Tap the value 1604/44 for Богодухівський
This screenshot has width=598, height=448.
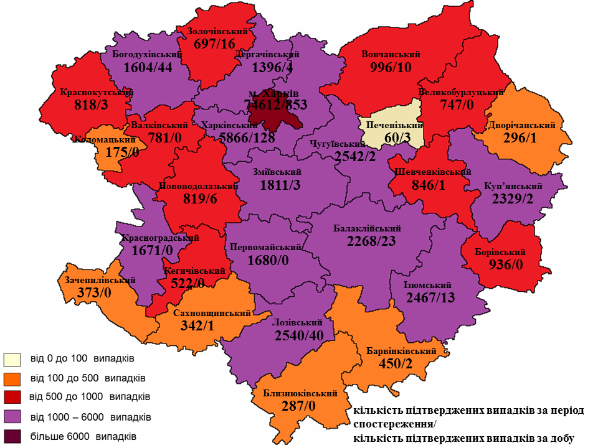point(148,67)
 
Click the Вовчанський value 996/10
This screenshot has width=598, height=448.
point(391,67)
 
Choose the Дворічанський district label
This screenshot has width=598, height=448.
point(522,125)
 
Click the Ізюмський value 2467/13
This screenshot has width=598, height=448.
point(430,297)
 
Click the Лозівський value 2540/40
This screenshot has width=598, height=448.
point(298,336)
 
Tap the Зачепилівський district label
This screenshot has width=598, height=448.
point(100,280)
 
